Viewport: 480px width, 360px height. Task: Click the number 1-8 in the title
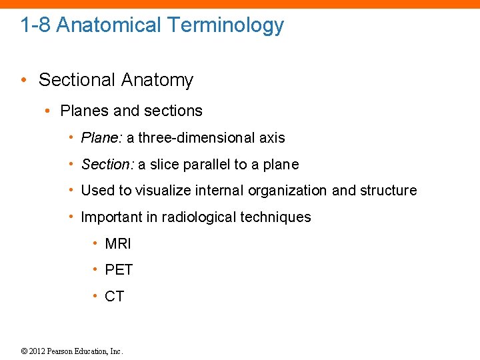click(x=35, y=25)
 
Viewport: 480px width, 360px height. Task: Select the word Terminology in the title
click(x=226, y=25)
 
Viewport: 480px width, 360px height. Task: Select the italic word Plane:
click(x=101, y=138)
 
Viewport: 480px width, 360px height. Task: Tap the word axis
click(x=272, y=138)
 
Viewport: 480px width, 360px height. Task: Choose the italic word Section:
click(x=107, y=165)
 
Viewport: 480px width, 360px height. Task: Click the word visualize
click(x=163, y=191)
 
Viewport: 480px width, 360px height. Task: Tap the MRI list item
click(x=118, y=244)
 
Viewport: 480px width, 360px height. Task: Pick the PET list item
click(x=119, y=270)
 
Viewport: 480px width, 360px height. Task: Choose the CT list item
click(x=115, y=297)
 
